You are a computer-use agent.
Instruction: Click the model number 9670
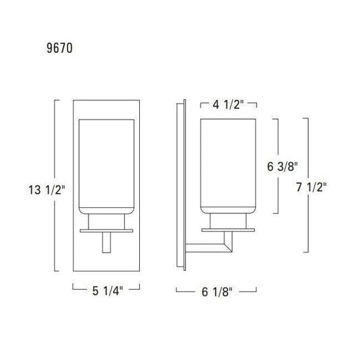click(59, 48)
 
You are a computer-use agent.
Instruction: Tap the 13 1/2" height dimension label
click(47, 190)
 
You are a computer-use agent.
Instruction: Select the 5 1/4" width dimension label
click(107, 291)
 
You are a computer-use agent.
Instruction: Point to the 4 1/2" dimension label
click(228, 105)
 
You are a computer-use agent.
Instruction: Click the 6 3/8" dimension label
click(282, 166)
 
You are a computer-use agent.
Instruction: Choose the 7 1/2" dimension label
click(311, 187)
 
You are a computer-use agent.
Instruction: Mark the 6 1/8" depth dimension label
click(217, 292)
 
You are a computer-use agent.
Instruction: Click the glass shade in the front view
click(107, 167)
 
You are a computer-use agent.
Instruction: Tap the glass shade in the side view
click(228, 166)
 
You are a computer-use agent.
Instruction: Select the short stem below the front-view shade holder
click(107, 242)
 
